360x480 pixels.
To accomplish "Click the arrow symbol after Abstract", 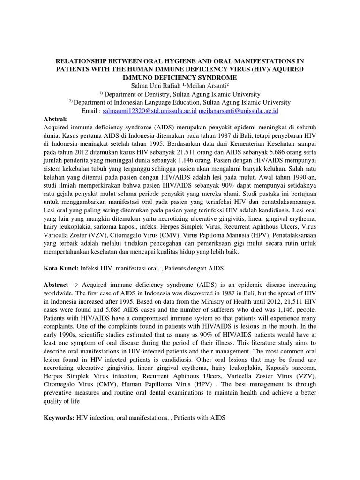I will [75, 285].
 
